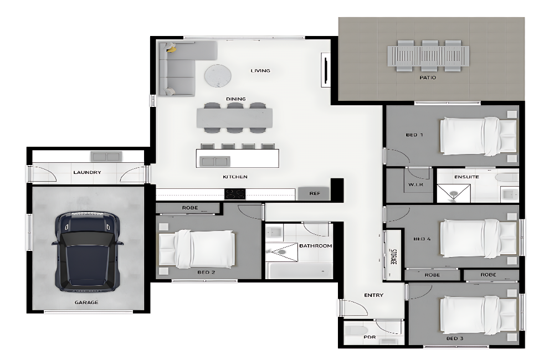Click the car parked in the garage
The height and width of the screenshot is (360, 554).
(88, 251)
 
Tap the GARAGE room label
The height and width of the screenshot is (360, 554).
(86, 302)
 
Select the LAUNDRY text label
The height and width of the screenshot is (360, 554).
(88, 172)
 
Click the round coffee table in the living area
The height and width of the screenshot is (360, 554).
(218, 76)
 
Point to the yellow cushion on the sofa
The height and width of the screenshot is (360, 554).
(171, 49)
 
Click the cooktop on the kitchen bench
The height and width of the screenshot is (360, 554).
(235, 194)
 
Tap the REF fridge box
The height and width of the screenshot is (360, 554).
(314, 194)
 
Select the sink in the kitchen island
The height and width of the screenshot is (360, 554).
(215, 162)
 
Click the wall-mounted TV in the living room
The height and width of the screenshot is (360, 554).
(326, 70)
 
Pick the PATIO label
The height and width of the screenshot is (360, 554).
(428, 78)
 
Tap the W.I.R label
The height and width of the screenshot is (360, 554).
(416, 184)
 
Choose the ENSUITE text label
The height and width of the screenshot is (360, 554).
(466, 177)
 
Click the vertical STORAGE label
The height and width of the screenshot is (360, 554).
(393, 257)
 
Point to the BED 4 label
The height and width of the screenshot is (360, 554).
(422, 239)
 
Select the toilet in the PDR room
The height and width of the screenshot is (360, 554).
(356, 331)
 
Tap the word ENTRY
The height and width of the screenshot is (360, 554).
(373, 295)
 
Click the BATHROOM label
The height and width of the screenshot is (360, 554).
(316, 245)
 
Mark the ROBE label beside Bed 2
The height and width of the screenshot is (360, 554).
(190, 208)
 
